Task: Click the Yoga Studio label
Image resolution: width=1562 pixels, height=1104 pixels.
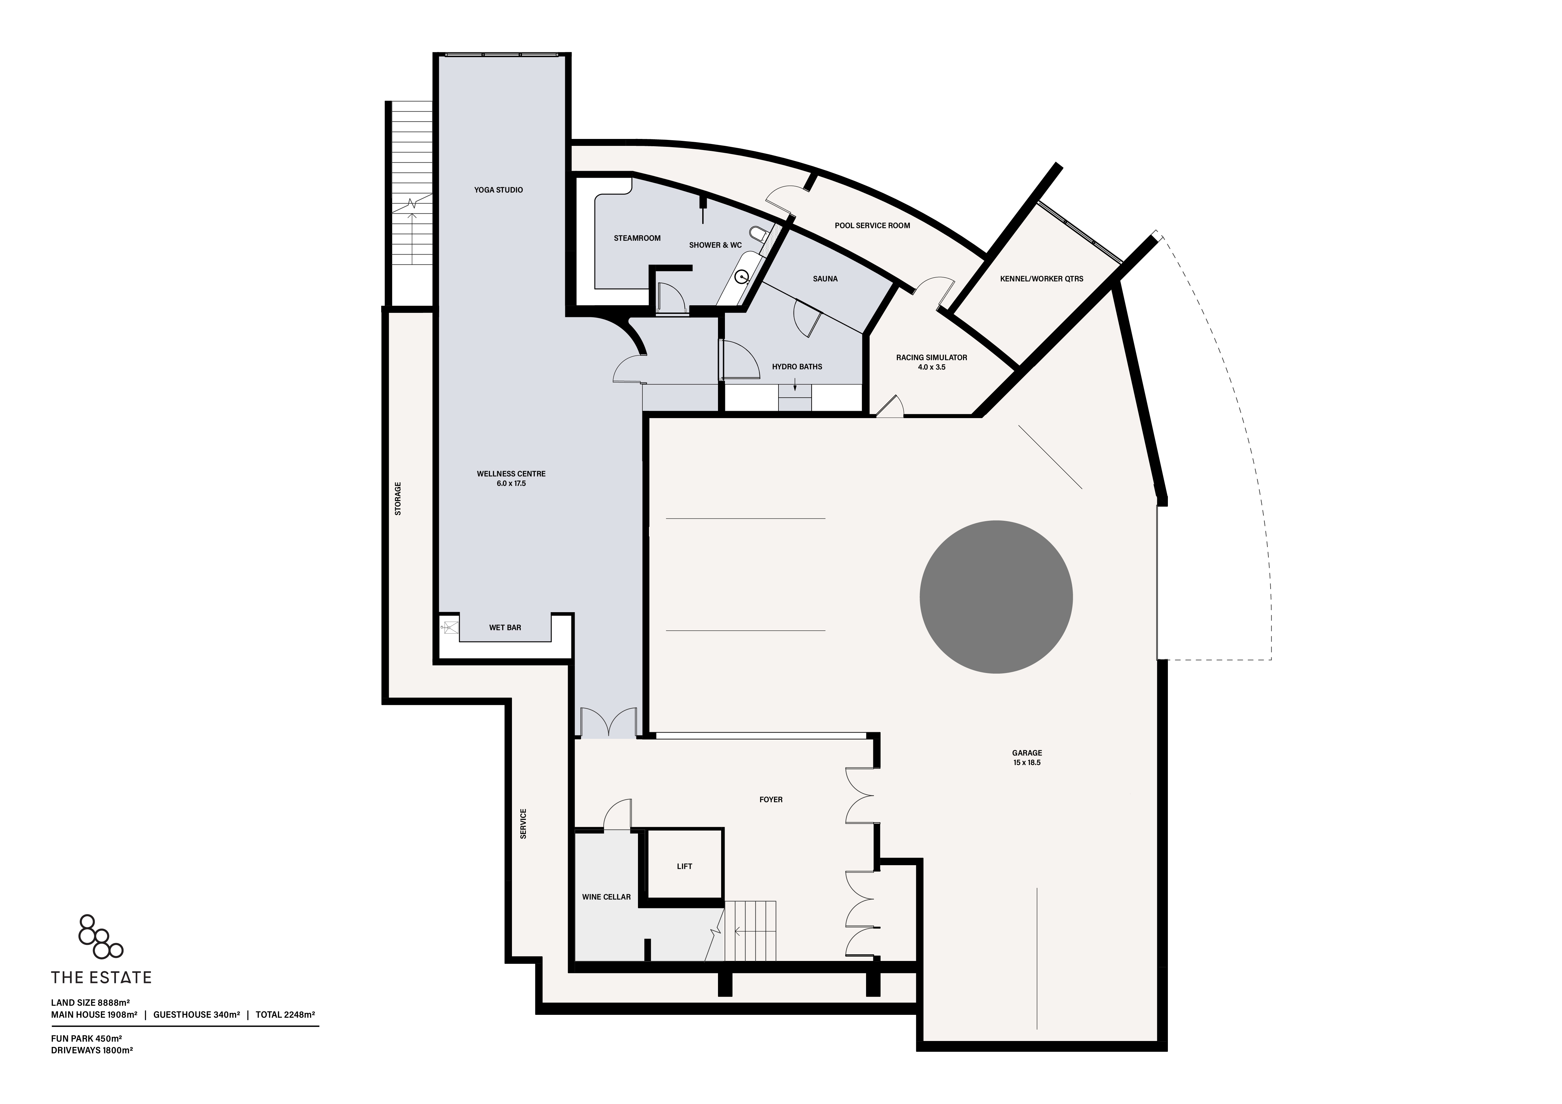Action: [x=499, y=190]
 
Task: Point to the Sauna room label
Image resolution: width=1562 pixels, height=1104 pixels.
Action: [x=825, y=279]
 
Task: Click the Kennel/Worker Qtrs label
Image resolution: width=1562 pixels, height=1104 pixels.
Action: [x=1042, y=279]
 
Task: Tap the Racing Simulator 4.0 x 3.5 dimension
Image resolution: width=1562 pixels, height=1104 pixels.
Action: [x=931, y=367]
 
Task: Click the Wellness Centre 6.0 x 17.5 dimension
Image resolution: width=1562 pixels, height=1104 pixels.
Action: [x=511, y=484]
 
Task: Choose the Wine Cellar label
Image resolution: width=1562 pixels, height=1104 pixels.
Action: [x=606, y=897]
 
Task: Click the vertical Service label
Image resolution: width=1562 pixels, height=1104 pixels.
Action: [x=523, y=824]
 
